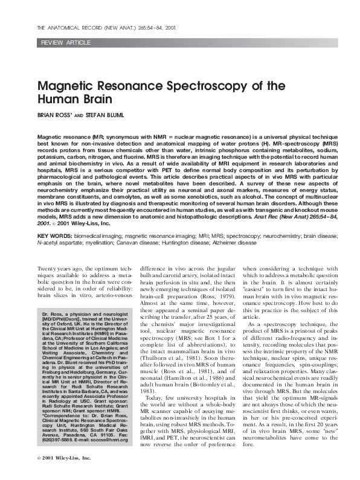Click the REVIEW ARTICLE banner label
pos(63,45)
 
